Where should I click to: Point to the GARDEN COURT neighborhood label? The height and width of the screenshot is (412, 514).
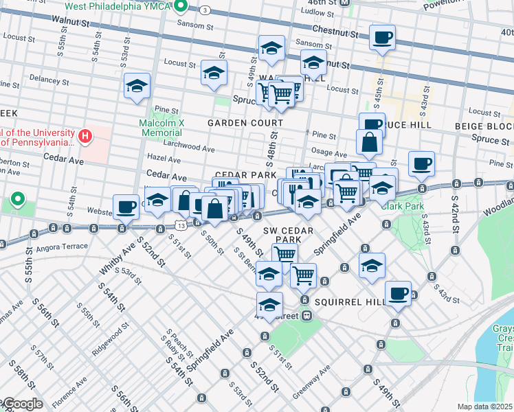tap(241, 122)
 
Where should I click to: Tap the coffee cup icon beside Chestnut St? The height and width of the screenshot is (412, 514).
tap(382, 36)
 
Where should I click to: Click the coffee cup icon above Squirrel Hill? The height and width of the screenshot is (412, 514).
tap(397, 293)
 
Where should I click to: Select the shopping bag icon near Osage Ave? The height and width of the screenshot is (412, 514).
tap(369, 142)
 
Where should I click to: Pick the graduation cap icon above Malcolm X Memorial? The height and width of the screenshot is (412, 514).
tap(137, 86)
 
